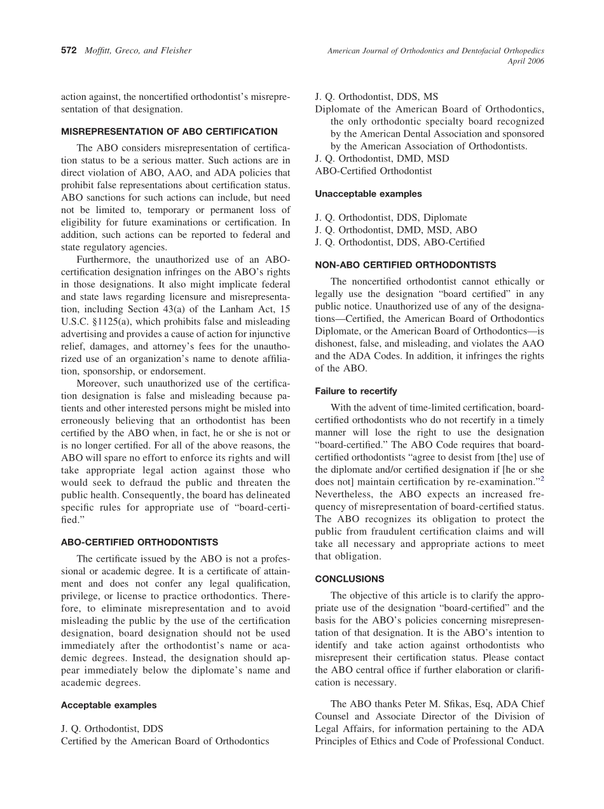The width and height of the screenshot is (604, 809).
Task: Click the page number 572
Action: point(69,51)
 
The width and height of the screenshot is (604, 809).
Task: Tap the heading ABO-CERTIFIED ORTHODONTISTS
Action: point(139,543)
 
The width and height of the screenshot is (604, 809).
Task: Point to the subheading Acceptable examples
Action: point(108,705)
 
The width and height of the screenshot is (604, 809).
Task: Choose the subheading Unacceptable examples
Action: point(368,193)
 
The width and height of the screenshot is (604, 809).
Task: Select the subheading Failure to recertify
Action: point(356,391)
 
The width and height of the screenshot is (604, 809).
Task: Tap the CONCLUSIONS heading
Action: point(350,579)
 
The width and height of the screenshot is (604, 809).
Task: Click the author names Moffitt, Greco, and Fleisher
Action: point(138,51)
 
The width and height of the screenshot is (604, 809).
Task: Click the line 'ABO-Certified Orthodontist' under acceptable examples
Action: point(373,171)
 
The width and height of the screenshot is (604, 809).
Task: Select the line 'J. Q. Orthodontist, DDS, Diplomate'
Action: point(390,218)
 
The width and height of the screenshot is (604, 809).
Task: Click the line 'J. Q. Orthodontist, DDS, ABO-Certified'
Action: point(399,242)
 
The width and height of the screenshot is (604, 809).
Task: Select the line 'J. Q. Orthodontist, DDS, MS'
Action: point(376,97)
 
